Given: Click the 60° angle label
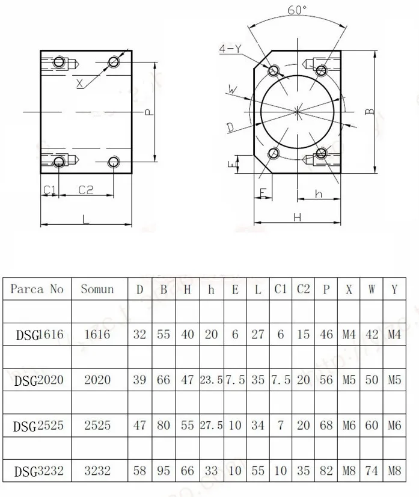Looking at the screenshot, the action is click(x=297, y=10).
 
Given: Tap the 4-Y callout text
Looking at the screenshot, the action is click(x=230, y=49).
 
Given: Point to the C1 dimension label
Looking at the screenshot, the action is click(x=49, y=189).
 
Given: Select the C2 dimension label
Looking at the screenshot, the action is click(x=86, y=189).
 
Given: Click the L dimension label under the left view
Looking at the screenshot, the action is click(x=85, y=219).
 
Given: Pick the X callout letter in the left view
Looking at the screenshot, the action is click(x=80, y=84).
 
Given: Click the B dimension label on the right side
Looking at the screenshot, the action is click(x=370, y=111).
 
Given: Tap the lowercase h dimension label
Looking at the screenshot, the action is click(x=319, y=194).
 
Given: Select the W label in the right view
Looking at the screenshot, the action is click(x=232, y=90).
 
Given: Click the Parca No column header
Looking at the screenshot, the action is click(x=37, y=289).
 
